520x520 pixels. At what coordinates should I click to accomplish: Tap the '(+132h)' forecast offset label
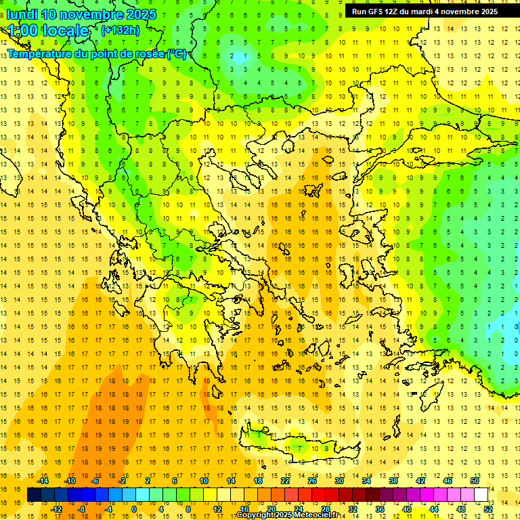click(120, 30)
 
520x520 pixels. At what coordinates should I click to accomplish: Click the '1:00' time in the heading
click(22, 30)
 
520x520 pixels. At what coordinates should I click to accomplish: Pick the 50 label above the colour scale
click(474, 481)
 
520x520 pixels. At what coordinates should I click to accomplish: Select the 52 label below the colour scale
click(487, 509)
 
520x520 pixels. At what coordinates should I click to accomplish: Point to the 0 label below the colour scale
click(134, 509)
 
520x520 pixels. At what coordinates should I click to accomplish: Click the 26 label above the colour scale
click(312, 481)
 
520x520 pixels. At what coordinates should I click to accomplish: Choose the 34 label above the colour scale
click(366, 481)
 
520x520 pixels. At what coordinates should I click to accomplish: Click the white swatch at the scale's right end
click(481, 495)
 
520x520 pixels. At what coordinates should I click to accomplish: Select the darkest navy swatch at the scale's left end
click(34, 495)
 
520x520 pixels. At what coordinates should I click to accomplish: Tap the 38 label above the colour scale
click(393, 481)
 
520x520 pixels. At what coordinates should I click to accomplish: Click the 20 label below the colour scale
click(272, 509)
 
